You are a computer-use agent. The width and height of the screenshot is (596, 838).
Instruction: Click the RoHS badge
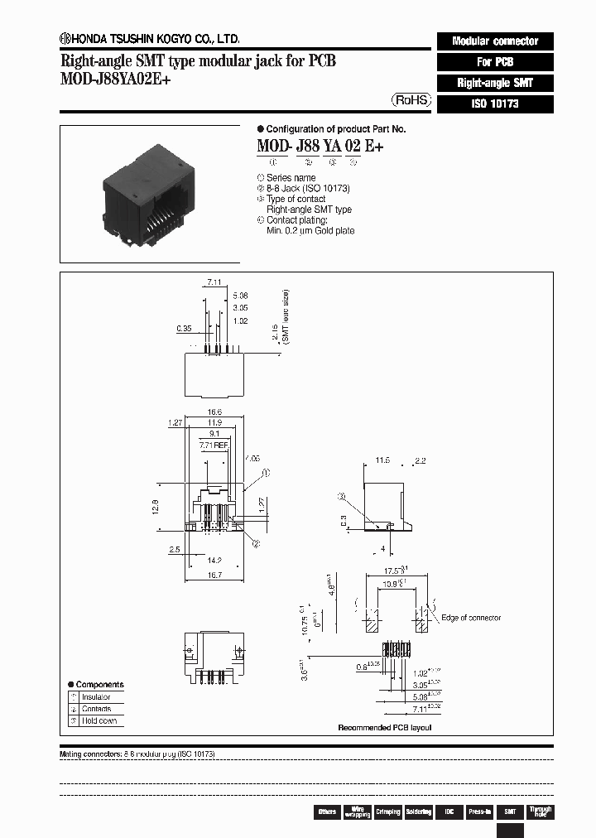click(x=411, y=99)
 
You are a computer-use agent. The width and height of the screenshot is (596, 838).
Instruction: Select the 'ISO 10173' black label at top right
click(x=493, y=104)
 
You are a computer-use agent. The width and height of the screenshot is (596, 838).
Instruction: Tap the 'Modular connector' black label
click(x=493, y=41)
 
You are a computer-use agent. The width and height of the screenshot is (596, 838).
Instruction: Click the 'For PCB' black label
click(x=493, y=62)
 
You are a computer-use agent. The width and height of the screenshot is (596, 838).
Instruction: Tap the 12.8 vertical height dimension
click(x=155, y=505)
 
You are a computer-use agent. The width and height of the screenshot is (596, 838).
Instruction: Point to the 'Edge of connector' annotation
click(x=470, y=618)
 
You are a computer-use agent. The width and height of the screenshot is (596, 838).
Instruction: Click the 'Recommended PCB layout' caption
click(x=384, y=727)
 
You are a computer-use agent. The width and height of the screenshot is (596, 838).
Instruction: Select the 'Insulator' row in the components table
click(x=96, y=697)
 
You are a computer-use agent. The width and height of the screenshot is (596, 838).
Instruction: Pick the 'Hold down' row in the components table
click(x=99, y=720)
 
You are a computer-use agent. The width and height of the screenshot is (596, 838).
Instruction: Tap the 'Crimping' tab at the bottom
click(x=387, y=812)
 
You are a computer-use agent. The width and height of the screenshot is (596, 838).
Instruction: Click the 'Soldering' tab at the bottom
click(x=418, y=812)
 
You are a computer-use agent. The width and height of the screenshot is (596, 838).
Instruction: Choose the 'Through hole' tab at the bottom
click(x=540, y=812)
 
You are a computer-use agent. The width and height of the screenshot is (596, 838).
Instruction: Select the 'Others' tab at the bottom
click(x=327, y=812)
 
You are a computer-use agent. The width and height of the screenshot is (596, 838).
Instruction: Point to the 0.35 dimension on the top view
click(x=184, y=328)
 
